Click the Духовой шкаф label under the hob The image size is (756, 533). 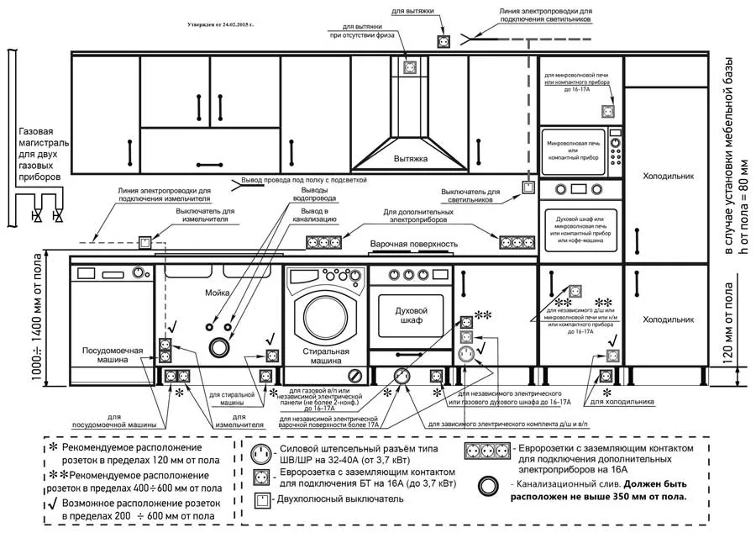(x=412, y=315)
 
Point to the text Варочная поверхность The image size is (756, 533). (x=414, y=245)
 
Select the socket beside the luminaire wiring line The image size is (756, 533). (x=444, y=40)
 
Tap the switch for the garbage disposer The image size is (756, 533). (x=145, y=243)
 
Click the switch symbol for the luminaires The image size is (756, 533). (x=528, y=187)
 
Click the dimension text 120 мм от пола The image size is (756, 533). (x=727, y=328)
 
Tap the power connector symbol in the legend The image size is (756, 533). (x=263, y=454)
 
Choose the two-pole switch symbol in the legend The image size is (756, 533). (x=263, y=499)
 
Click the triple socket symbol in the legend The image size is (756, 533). (x=486, y=454)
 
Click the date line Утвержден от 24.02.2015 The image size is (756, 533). (x=221, y=25)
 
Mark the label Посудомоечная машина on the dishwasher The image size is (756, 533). (x=104, y=354)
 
